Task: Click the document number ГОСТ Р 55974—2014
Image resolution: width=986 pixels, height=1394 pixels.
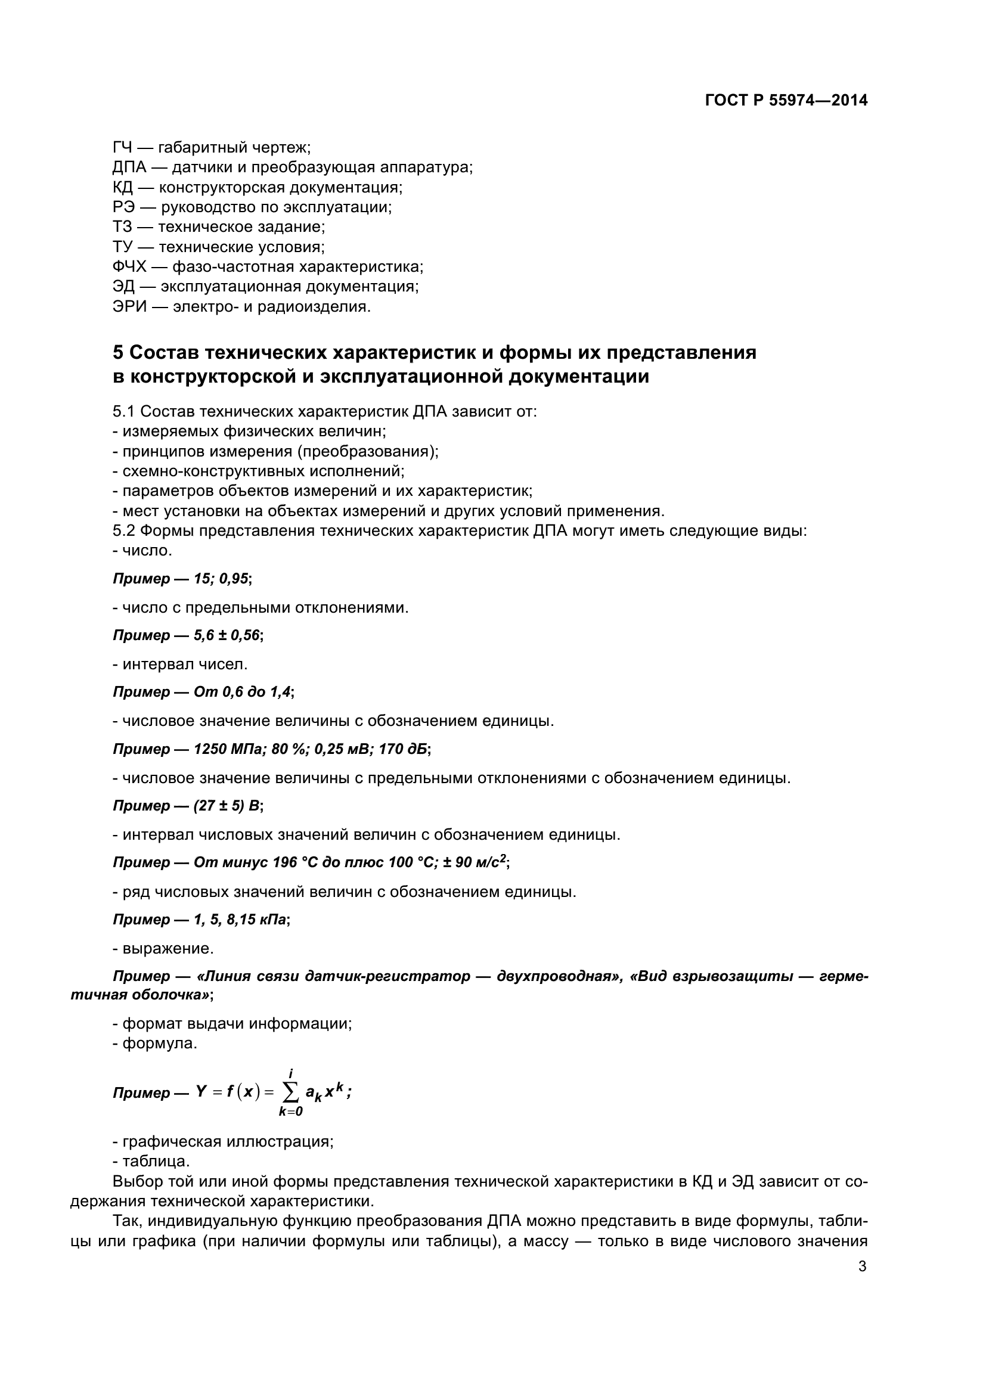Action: pos(786,101)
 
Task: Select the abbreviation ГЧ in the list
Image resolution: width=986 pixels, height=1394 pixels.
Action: pos(123,148)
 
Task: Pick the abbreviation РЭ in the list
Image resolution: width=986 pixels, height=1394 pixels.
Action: pos(123,207)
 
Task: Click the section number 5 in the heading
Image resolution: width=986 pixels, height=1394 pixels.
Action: pos(119,352)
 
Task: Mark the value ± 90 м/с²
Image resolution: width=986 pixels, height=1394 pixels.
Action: pos(475,862)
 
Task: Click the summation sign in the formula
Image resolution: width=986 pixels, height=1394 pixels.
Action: pos(291,1094)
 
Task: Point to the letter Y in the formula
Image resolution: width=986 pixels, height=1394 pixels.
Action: pos(201,1092)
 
